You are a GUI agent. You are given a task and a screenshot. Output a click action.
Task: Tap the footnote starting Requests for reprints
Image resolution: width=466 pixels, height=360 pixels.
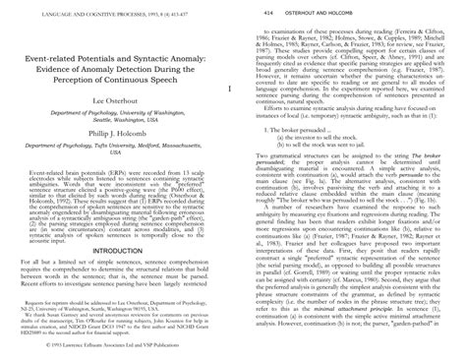[x=116, y=292]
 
